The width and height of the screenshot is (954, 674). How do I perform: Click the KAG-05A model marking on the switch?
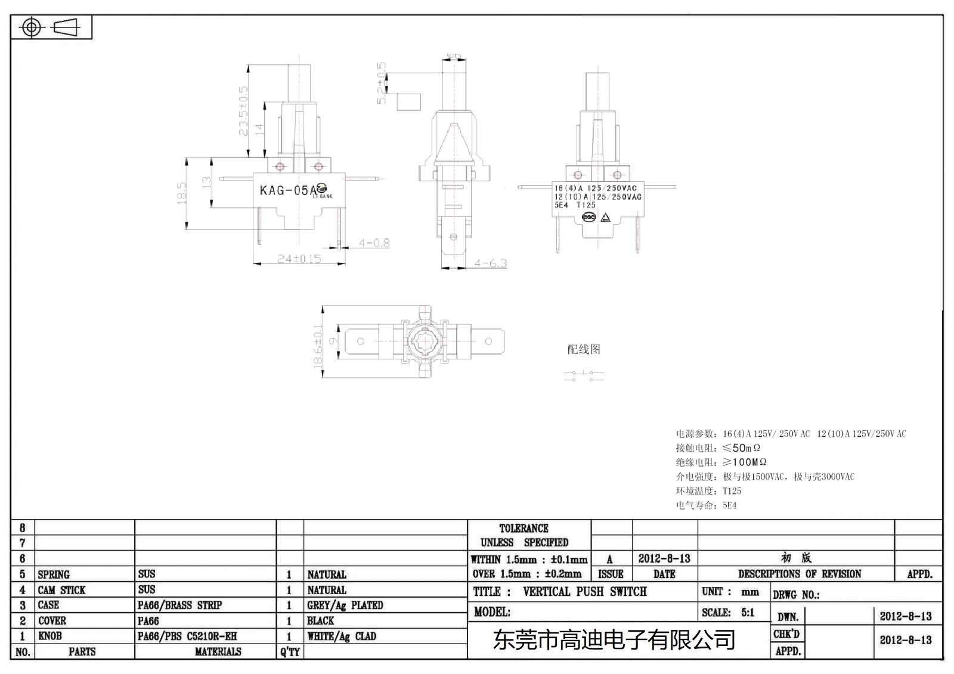(x=289, y=190)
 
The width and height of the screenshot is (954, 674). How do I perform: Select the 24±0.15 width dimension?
(x=299, y=259)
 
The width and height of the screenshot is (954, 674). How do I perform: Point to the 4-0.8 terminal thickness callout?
(x=374, y=243)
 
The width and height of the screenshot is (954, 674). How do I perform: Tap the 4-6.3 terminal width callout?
(x=490, y=263)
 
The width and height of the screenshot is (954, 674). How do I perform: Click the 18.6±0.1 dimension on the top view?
(x=318, y=346)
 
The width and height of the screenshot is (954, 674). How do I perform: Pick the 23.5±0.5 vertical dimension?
(x=243, y=111)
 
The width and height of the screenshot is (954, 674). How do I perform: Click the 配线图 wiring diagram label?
(x=583, y=349)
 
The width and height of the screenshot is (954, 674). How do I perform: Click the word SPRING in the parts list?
(x=54, y=574)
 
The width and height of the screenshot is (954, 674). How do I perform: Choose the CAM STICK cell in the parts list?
(x=61, y=590)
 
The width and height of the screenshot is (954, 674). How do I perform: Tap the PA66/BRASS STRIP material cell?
(x=179, y=605)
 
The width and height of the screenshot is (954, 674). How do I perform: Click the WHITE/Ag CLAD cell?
(x=341, y=636)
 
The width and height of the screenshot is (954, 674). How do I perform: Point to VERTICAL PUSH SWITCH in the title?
(x=584, y=592)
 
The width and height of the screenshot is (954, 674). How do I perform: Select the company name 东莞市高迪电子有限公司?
(x=614, y=640)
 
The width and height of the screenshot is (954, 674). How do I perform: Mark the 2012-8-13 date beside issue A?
(x=664, y=558)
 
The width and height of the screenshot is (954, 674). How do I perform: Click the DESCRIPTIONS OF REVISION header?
(x=799, y=574)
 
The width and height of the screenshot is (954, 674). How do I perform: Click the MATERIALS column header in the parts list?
(x=218, y=651)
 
